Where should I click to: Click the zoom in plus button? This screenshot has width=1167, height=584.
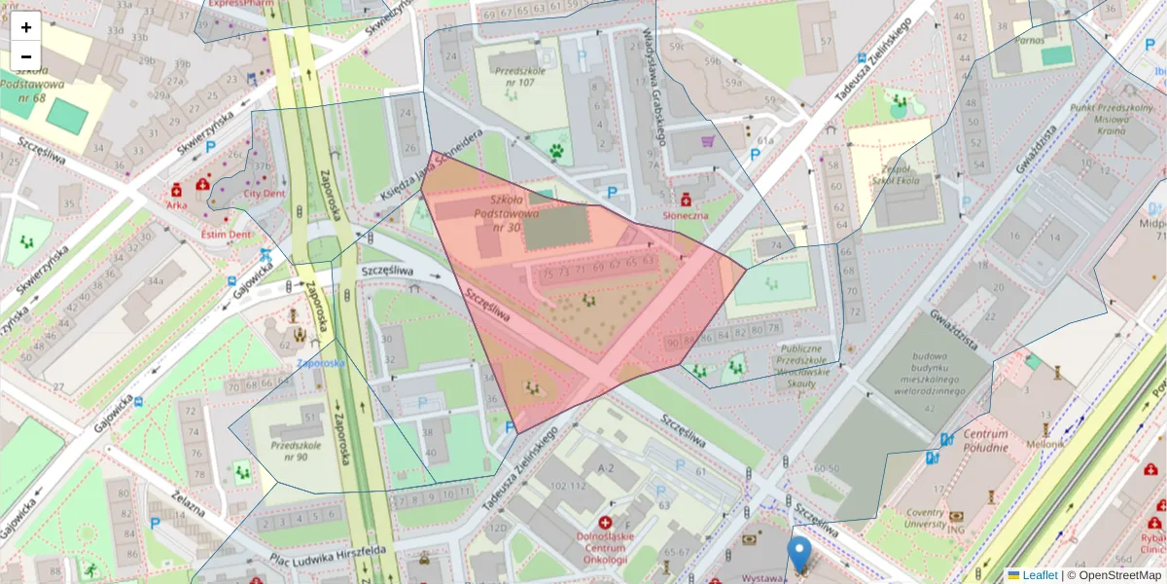click(26, 26)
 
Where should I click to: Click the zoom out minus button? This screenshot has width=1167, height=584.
click(26, 56)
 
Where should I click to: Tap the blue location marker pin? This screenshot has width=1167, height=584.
click(798, 554)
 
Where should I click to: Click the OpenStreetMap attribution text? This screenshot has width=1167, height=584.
click(1119, 575)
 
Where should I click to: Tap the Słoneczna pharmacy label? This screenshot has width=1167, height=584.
click(685, 213)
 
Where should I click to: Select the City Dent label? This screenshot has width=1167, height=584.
click(265, 193)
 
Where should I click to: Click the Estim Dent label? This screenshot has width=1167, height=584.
click(226, 234)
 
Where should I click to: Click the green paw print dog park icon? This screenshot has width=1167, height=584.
click(556, 151)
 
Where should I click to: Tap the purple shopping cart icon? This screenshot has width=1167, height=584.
click(707, 142)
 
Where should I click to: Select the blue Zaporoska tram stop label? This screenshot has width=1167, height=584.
click(321, 363)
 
